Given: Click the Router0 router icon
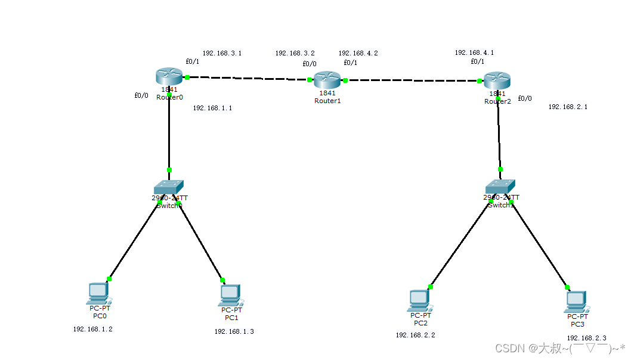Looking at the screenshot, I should [169, 77].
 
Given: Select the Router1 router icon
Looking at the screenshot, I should [327, 80].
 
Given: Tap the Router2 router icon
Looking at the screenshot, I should [497, 80].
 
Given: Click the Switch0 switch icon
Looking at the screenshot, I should [169, 187].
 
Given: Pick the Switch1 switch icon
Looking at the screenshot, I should [500, 187].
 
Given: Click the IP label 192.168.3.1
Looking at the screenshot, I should [222, 53].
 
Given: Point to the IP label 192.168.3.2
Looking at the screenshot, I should [295, 53].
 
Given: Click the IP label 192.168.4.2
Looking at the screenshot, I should [358, 53].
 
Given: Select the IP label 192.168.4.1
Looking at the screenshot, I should [474, 52].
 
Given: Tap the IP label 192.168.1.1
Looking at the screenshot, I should [212, 108].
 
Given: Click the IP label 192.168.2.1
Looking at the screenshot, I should [568, 107].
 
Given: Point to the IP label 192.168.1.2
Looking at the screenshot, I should [92, 328].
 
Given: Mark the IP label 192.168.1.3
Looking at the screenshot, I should [234, 331].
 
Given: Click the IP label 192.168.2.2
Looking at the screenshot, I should [415, 335].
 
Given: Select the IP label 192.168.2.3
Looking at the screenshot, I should [586, 338].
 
